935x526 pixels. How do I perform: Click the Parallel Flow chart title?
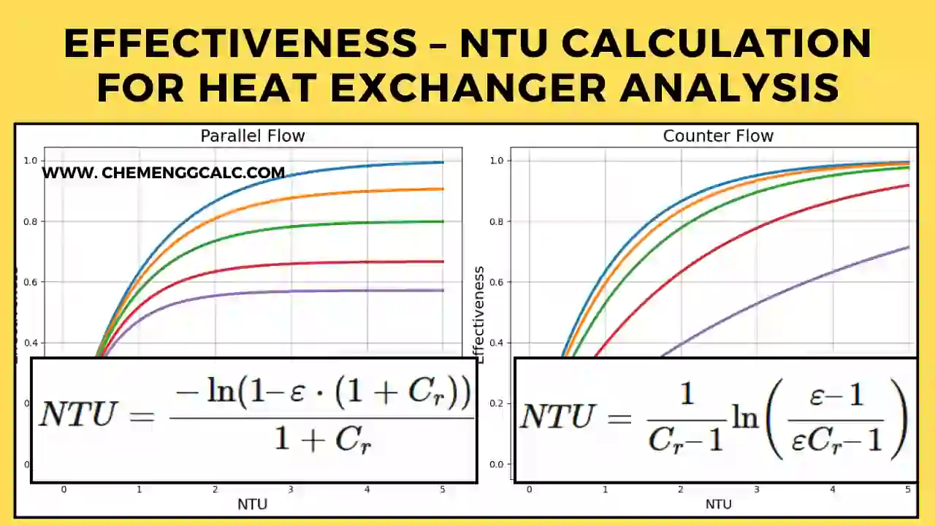click(252, 136)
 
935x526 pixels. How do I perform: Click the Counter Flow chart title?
click(717, 136)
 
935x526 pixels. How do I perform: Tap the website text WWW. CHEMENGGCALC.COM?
click(163, 173)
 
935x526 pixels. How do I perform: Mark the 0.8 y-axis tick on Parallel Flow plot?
click(32, 221)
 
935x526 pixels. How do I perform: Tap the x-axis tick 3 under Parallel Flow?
click(291, 489)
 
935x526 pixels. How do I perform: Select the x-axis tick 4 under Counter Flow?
click(832, 489)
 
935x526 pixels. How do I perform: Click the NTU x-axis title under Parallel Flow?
click(252, 504)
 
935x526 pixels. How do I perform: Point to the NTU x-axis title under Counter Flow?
click(718, 504)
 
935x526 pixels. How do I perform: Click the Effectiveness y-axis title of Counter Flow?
click(479, 314)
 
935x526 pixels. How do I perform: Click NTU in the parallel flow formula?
click(77, 415)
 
